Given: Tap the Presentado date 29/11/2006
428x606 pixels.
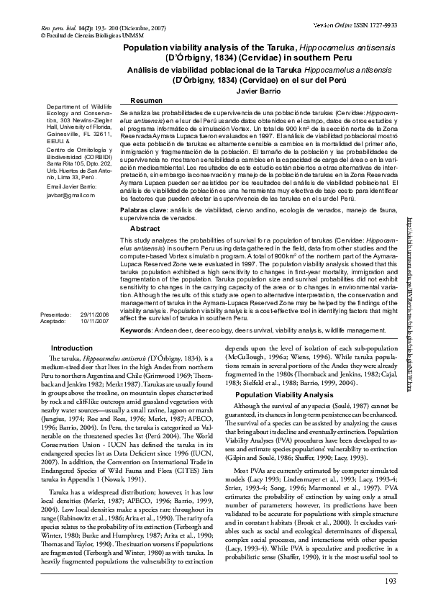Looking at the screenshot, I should click(x=94, y=315).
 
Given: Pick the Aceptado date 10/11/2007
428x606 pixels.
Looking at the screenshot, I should click(x=94, y=322).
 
